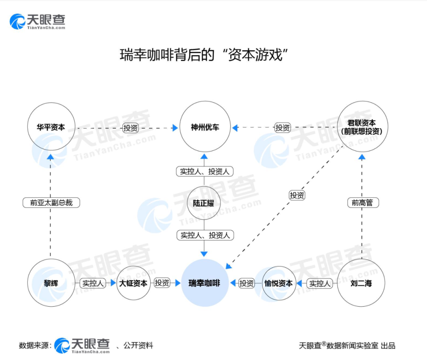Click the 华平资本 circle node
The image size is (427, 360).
(50, 127)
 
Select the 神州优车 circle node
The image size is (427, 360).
(205, 127)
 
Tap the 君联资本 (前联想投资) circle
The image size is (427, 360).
(361, 127)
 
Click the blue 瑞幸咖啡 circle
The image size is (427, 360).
(204, 283)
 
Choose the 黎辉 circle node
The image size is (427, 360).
(51, 283)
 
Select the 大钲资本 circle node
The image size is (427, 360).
(134, 283)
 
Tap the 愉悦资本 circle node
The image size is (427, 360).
(278, 283)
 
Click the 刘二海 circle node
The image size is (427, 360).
(361, 283)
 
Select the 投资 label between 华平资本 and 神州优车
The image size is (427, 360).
(130, 128)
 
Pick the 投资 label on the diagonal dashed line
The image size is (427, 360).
(297, 195)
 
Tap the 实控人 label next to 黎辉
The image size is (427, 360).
(93, 283)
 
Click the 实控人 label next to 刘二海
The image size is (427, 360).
(319, 283)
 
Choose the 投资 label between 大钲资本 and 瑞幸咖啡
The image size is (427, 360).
(162, 283)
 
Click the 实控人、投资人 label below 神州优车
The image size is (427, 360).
(204, 171)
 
